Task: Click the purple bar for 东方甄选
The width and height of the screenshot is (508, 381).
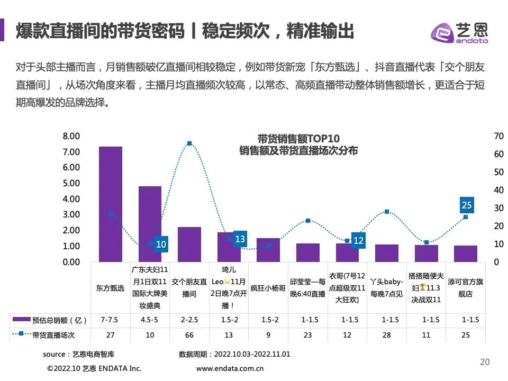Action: coord(111,204)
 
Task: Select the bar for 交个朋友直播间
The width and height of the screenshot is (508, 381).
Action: coord(189,244)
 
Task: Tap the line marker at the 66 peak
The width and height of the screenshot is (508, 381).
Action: coord(189,143)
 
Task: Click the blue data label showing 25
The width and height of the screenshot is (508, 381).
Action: coord(466,205)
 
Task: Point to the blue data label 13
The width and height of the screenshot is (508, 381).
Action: coord(240,239)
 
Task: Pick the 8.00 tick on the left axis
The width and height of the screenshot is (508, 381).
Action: coord(71,136)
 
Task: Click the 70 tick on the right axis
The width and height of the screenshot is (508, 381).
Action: coord(498,136)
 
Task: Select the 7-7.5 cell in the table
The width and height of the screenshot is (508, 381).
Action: coord(111,320)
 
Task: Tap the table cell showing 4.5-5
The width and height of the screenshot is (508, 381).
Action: coord(150,320)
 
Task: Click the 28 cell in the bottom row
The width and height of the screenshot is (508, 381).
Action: coord(387,335)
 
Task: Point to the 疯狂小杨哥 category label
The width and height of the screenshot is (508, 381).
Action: coord(268,288)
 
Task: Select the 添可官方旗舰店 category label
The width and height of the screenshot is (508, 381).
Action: coord(466,288)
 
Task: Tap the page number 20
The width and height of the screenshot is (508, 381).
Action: coord(485,362)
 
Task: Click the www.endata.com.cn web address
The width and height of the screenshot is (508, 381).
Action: coord(230,368)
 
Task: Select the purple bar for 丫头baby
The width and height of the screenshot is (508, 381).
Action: coord(387,253)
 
